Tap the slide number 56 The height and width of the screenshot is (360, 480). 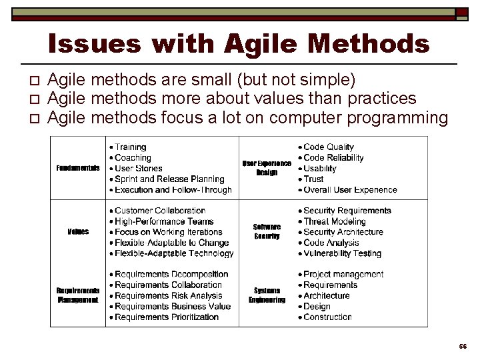(x=463, y=347)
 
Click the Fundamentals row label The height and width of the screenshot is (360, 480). (x=78, y=168)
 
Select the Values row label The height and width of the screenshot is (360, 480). (x=78, y=231)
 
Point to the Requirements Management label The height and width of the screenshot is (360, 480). (x=78, y=295)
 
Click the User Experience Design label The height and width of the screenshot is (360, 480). (x=266, y=168)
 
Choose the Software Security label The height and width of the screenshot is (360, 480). (x=267, y=231)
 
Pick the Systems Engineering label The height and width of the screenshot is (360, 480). (x=267, y=295)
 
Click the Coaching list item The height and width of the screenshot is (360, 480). (x=133, y=158)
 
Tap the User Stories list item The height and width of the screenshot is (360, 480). (x=138, y=169)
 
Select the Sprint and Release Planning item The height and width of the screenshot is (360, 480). (x=169, y=179)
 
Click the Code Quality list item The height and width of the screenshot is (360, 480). (x=329, y=147)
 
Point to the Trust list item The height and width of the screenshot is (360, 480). (x=313, y=179)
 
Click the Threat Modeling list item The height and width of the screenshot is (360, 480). (x=334, y=221)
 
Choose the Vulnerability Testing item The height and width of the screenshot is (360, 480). (x=342, y=253)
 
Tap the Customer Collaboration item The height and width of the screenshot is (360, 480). (x=160, y=211)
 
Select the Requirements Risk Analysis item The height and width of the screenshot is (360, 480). (x=168, y=295)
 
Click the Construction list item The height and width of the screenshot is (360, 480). (x=327, y=317)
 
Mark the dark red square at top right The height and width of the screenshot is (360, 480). (x=462, y=12)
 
